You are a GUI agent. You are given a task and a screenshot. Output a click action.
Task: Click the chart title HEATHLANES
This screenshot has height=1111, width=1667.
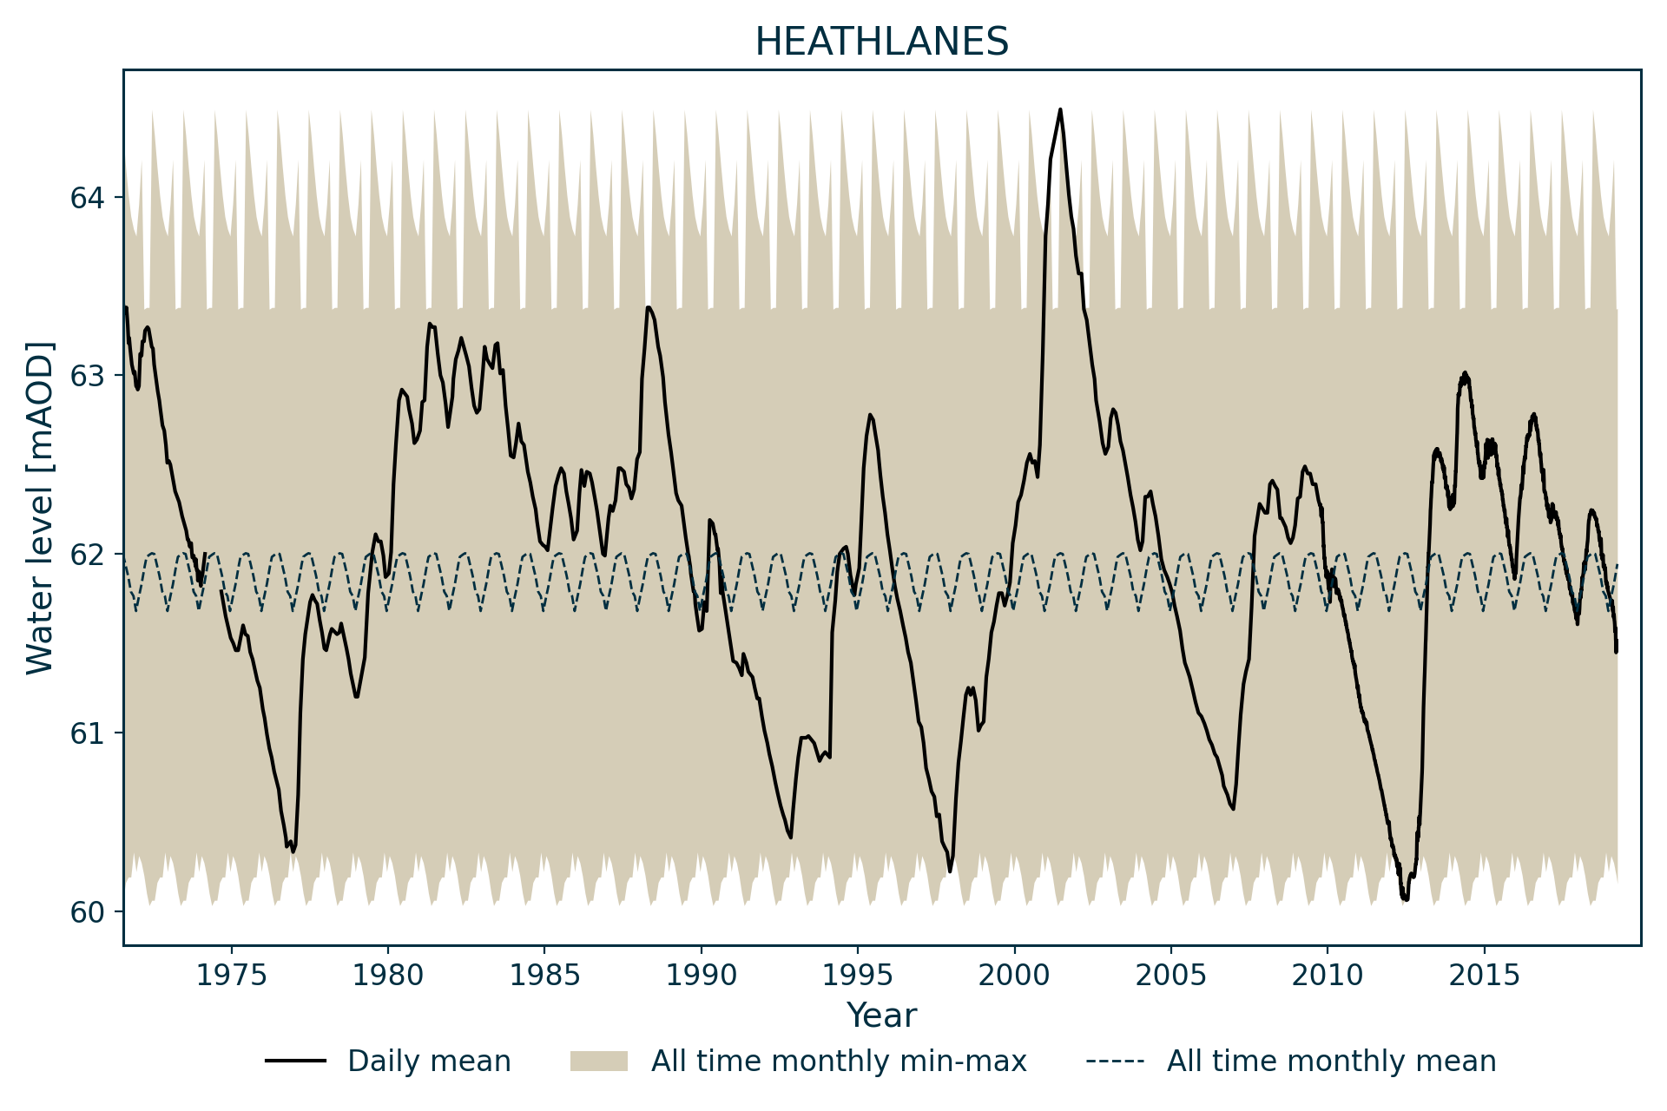coord(881,42)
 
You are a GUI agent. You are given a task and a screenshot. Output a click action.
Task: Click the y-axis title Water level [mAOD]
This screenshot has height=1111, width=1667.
coord(40,507)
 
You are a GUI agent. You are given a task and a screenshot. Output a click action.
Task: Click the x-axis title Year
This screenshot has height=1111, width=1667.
coord(881,1015)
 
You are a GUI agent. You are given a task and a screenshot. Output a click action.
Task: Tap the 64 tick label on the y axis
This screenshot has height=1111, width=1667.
coord(87,198)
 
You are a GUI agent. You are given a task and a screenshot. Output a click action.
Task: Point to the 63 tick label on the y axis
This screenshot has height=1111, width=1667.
coord(87,377)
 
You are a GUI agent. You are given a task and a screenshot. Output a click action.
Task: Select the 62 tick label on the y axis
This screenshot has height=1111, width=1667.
coord(87,555)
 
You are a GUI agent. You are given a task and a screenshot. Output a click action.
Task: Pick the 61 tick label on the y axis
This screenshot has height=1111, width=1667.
coord(87,733)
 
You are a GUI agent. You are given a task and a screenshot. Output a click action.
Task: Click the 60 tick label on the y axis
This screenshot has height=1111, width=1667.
coord(87,912)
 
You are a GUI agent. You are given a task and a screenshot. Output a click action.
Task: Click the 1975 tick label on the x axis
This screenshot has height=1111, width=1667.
coord(231,976)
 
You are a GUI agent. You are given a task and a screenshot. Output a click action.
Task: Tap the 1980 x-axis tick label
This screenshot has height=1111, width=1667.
coord(387,976)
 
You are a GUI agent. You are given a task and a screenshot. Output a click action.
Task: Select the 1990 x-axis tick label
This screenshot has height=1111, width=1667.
coord(701,976)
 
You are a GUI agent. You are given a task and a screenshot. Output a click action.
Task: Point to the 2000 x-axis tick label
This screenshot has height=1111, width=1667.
coord(1014,976)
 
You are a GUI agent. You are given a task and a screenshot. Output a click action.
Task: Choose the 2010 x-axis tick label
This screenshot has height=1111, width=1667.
coord(1328,976)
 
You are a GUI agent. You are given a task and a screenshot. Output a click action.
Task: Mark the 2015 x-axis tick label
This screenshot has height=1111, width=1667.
coord(1484,976)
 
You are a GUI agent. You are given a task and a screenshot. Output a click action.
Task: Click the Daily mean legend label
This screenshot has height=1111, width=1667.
coord(429,1062)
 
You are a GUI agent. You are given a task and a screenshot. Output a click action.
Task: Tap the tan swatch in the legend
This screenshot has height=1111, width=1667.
coord(598,1062)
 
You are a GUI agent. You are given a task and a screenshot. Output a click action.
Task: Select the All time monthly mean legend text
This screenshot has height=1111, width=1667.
coord(1331,1062)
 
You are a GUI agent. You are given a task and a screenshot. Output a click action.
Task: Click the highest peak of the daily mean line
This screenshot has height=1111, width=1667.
coord(1060,110)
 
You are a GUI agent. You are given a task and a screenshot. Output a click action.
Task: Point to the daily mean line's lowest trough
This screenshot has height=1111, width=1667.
coord(1405,899)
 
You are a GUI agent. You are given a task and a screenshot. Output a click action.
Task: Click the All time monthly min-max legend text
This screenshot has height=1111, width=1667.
coord(839,1062)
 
